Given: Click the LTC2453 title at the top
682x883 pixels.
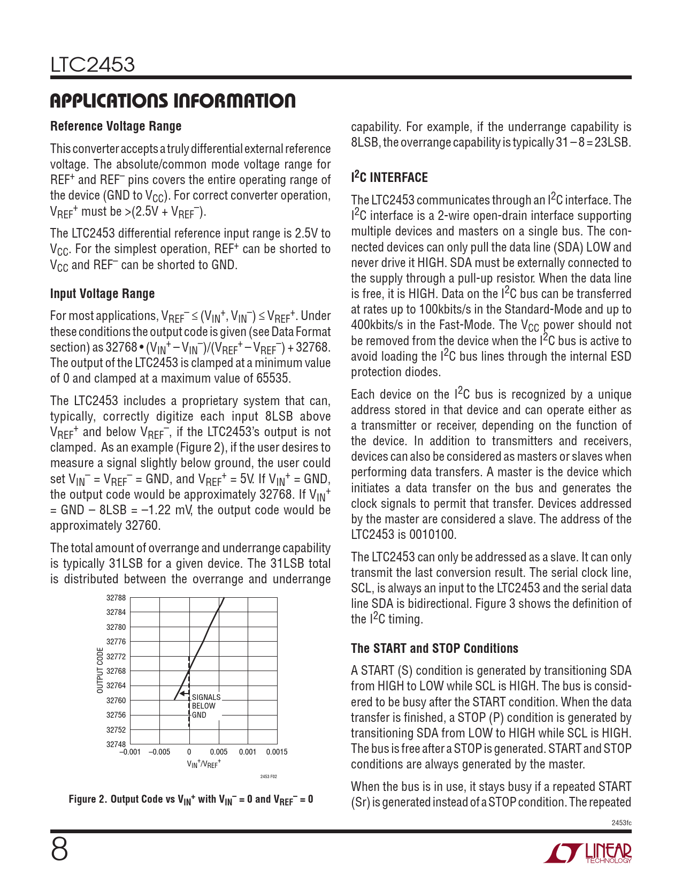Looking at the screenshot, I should [93, 65].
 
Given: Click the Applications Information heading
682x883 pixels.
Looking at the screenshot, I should [173, 101].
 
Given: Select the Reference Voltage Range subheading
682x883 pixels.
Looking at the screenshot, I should [116, 126].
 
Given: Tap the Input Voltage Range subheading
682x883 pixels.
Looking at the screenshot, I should [102, 294].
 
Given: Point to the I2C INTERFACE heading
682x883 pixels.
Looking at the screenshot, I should [389, 177].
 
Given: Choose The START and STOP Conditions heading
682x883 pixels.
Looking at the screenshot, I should [434, 649].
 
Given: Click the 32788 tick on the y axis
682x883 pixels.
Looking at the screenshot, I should [116, 598].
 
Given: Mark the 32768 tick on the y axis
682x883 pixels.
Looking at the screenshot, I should [116, 671].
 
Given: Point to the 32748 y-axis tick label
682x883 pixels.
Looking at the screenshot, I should [116, 744].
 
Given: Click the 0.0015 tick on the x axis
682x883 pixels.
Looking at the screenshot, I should [277, 752].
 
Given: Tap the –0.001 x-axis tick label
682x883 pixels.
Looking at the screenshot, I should [130, 752].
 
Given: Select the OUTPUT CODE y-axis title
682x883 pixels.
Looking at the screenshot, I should [100, 671].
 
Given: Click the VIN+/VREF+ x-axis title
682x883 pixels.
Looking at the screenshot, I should [204, 764].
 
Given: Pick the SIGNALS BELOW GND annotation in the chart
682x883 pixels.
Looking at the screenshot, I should [206, 706].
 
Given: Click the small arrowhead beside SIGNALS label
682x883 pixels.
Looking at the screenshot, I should [182, 694].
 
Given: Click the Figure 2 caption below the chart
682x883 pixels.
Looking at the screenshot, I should [191, 800].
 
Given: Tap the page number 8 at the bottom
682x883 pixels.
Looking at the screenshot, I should [59, 849].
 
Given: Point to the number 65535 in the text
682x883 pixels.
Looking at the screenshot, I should [273, 379].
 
